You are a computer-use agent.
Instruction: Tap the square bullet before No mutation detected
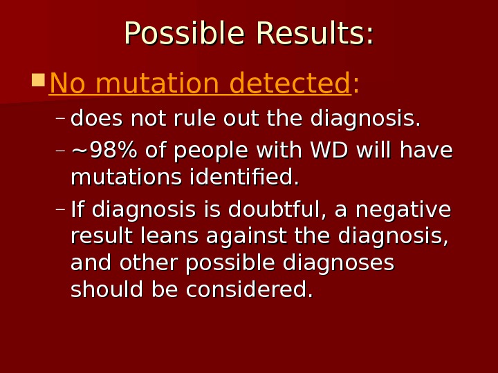[38, 80]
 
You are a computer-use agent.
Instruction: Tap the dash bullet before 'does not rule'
[60, 119]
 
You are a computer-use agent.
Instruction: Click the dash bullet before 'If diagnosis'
[60, 209]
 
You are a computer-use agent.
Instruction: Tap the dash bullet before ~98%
[60, 150]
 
